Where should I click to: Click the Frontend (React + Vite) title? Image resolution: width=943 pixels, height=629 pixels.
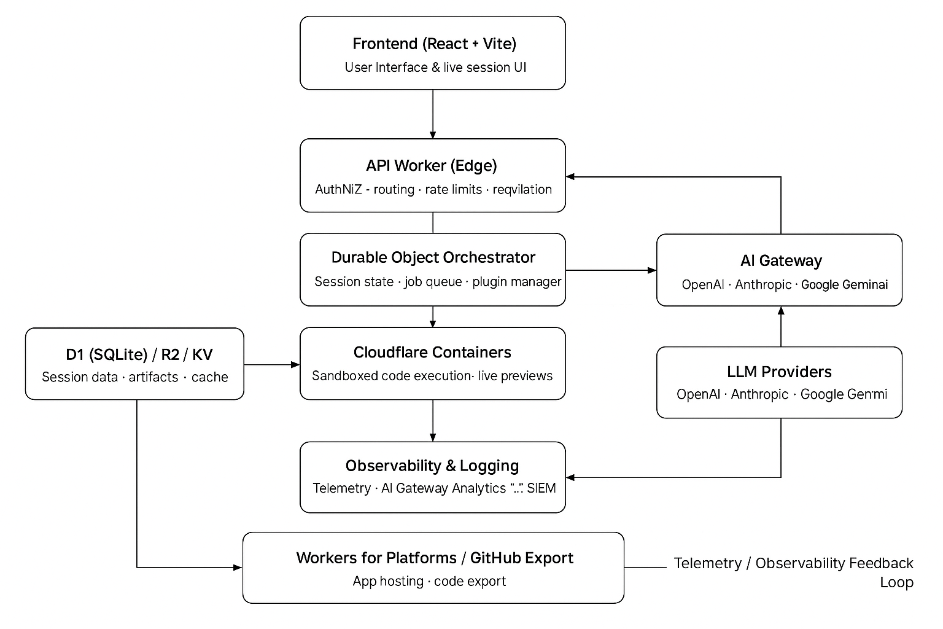click(434, 44)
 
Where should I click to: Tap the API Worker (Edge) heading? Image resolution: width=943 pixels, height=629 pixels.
click(432, 165)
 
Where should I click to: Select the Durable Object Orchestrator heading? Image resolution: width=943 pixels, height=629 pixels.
click(433, 257)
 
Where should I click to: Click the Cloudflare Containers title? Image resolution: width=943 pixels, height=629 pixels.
click(432, 352)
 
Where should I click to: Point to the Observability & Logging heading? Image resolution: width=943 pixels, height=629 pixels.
click(432, 466)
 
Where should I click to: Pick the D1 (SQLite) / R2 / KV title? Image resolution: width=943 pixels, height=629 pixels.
click(139, 354)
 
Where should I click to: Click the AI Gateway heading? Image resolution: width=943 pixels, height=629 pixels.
click(781, 260)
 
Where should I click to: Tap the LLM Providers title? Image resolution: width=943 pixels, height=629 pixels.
click(779, 372)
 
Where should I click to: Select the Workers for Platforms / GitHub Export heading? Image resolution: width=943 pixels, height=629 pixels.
click(434, 558)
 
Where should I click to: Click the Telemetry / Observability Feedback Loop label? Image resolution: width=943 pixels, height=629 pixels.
click(793, 572)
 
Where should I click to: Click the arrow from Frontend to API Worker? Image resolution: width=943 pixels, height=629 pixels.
click(433, 114)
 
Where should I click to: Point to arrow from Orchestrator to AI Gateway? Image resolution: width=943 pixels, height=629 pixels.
click(611, 270)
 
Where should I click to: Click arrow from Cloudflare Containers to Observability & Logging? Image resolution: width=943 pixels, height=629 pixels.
click(433, 421)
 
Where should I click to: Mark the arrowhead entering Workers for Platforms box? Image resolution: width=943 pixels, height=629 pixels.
click(238, 568)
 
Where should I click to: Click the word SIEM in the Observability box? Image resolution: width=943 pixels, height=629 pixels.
click(541, 488)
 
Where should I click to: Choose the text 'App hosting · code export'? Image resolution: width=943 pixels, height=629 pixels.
click(429, 581)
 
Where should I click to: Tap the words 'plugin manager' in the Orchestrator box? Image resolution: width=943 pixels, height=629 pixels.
click(516, 282)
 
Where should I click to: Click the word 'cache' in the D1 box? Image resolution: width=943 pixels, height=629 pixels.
click(209, 377)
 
